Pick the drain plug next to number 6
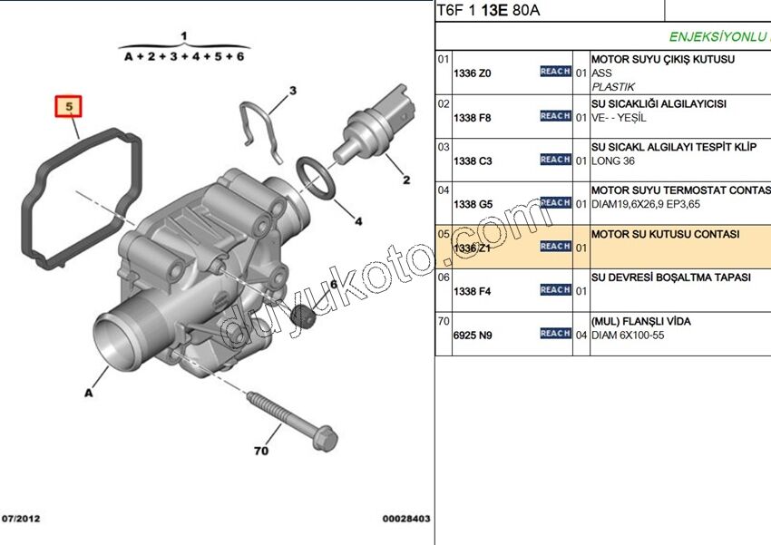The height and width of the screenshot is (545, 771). pyautogui.click(x=307, y=318)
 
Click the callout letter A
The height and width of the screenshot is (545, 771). pyautogui.click(x=89, y=393)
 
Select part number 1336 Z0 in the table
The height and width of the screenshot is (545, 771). pyautogui.click(x=472, y=73)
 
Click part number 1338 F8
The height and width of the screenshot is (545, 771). pyautogui.click(x=472, y=117)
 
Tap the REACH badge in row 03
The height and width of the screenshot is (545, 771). pyautogui.click(x=555, y=160)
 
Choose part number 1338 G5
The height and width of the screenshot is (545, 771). pyautogui.click(x=472, y=204)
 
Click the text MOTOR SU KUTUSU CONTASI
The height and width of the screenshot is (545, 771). pyautogui.click(x=665, y=234)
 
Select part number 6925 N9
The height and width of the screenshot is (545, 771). pyautogui.click(x=472, y=335)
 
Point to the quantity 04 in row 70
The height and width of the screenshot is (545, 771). pyautogui.click(x=581, y=335)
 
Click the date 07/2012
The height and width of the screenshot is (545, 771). pyautogui.click(x=22, y=519)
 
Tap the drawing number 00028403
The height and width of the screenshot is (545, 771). pyautogui.click(x=405, y=519)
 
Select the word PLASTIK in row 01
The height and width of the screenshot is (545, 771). pyautogui.click(x=613, y=87)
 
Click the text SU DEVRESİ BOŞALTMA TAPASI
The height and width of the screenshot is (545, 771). pyautogui.click(x=670, y=277)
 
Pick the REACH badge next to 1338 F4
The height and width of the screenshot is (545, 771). pyautogui.click(x=555, y=290)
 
